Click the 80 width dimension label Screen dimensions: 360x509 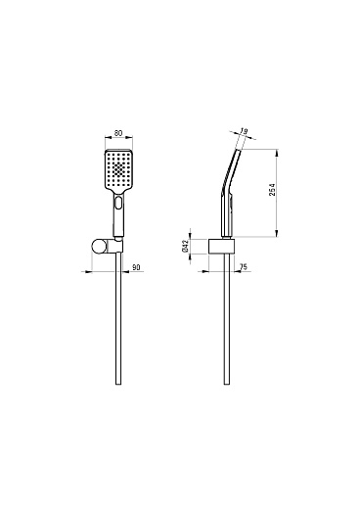[118, 133]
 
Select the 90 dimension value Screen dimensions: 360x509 [136, 267]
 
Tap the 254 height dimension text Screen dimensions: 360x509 [272, 190]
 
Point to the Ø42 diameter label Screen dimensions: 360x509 [185, 246]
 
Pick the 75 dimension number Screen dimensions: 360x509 [244, 267]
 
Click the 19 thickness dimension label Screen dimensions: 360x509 [244, 131]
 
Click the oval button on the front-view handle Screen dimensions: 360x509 [118, 203]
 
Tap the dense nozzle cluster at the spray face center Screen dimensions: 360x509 [118, 169]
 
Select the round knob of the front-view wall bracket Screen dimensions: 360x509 [98, 247]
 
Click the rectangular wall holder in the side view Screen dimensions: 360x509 [221, 246]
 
